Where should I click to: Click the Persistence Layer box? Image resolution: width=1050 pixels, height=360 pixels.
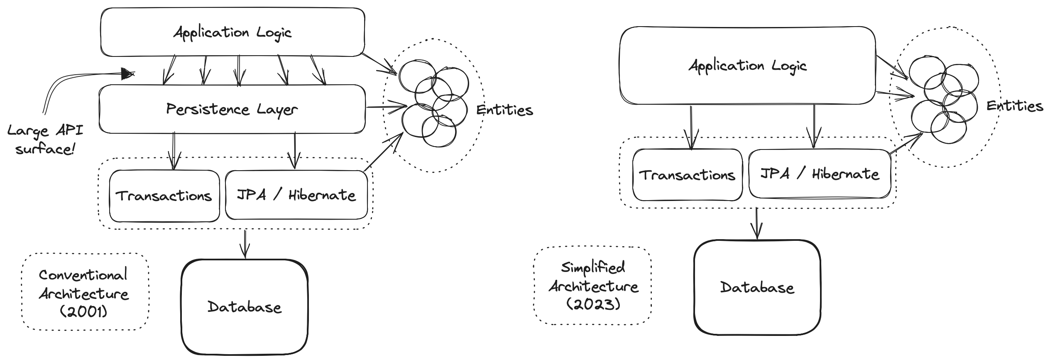tap(232, 109)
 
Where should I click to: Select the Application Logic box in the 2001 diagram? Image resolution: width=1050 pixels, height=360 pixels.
tap(233, 32)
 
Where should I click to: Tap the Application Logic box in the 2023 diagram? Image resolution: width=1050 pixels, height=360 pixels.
tap(747, 66)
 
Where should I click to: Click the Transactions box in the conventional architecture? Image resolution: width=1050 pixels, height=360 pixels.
tap(164, 196)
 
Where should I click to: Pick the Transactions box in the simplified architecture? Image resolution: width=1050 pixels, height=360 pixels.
tap(687, 175)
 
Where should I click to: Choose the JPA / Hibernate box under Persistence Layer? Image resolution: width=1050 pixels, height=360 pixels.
tap(296, 195)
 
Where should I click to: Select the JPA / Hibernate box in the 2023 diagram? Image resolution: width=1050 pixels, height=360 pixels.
tap(820, 174)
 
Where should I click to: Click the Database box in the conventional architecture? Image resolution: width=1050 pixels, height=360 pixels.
tap(245, 307)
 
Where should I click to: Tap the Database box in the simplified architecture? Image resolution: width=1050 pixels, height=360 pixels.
tap(757, 287)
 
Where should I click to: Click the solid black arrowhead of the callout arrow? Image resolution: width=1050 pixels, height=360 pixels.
tap(127, 74)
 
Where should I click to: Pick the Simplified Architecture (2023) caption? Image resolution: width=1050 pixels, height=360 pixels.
tap(593, 286)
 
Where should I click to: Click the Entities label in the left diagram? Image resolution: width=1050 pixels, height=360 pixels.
tap(504, 110)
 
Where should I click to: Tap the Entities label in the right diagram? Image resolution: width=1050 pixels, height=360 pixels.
tap(1015, 106)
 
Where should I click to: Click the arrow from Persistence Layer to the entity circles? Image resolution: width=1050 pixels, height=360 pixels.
tap(386, 107)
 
